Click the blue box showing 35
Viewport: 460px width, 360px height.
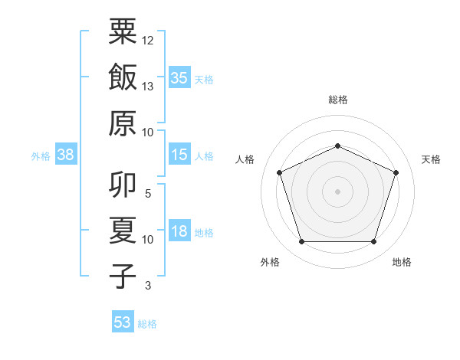(x=179, y=77)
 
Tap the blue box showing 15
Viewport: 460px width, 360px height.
(x=179, y=155)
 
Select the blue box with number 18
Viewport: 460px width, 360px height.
(x=179, y=231)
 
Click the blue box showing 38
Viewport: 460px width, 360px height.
(x=66, y=155)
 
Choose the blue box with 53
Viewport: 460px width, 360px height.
(x=123, y=322)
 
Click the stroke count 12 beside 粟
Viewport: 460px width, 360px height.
(x=148, y=40)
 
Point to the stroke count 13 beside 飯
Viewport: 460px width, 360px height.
(x=148, y=86)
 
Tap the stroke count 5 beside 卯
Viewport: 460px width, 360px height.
(x=148, y=194)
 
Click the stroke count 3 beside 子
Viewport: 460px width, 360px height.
(x=148, y=286)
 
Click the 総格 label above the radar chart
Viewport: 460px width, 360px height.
(x=337, y=100)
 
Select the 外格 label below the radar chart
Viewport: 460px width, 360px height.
(x=270, y=262)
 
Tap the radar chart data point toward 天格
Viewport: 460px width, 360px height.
(x=396, y=172)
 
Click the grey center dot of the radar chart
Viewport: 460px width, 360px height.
(x=337, y=191)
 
